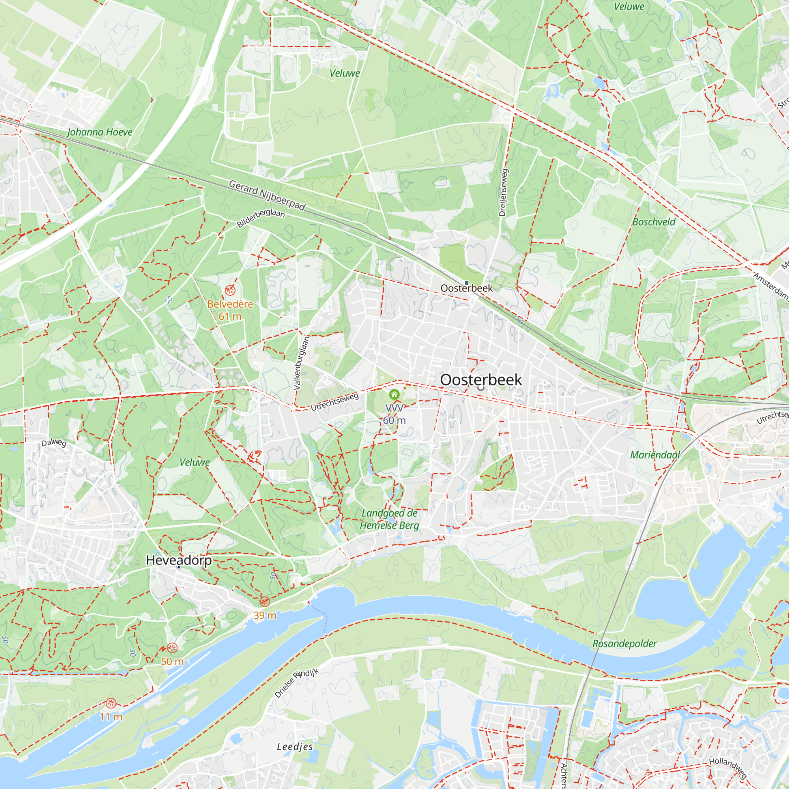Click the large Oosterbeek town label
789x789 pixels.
481,380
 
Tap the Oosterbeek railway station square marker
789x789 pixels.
466,282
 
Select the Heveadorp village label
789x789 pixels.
179,560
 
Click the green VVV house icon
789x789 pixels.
394,394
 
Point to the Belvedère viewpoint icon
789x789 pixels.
230,290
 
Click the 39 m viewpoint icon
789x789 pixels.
265,601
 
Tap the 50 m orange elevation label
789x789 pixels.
172,662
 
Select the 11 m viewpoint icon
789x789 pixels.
111,703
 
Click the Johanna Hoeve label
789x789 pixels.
100,132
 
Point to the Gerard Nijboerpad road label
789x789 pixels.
267,196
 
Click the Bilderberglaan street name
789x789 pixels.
260,218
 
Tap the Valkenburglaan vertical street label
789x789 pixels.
302,362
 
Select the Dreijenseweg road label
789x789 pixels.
503,192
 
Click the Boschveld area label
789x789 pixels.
653,222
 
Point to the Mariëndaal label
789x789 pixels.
654,455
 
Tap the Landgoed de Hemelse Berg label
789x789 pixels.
389,519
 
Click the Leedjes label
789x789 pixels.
295,747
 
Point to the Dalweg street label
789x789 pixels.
54,443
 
